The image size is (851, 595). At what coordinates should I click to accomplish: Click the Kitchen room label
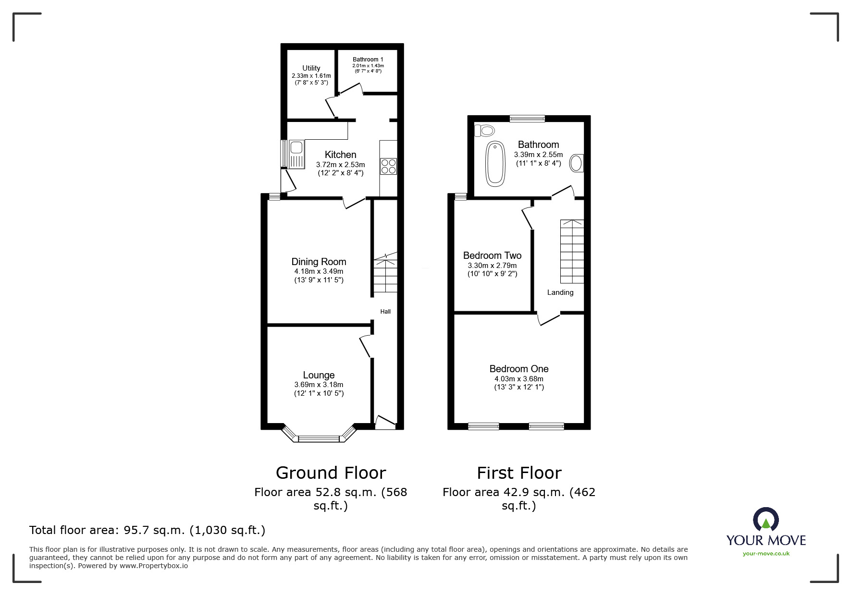[x=340, y=155]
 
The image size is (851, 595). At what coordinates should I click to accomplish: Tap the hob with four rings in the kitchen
[x=388, y=166]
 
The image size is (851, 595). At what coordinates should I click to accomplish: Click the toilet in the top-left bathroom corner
[x=485, y=130]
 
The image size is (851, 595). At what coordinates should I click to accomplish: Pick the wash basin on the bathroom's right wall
[x=577, y=163]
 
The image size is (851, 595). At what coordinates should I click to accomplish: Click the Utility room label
[x=311, y=68]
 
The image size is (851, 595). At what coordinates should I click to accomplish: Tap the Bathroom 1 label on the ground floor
[x=368, y=60]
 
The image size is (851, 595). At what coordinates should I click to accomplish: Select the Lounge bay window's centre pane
[x=319, y=438]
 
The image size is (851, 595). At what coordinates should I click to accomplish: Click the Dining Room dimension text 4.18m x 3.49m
[x=319, y=271]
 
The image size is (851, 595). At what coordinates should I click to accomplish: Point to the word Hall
[x=385, y=312]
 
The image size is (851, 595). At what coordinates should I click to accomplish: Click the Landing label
[x=560, y=292]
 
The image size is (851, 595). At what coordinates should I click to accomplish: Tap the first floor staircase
[x=572, y=252]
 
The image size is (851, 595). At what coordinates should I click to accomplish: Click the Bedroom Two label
[x=492, y=255]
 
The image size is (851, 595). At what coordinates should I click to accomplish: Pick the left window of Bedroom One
[x=483, y=426]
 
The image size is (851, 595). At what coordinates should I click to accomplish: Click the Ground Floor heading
[x=331, y=473]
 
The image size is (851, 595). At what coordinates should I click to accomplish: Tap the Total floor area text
[x=147, y=530]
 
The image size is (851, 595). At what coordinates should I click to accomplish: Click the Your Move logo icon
[x=765, y=520]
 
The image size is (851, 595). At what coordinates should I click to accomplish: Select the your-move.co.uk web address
[x=766, y=554]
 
